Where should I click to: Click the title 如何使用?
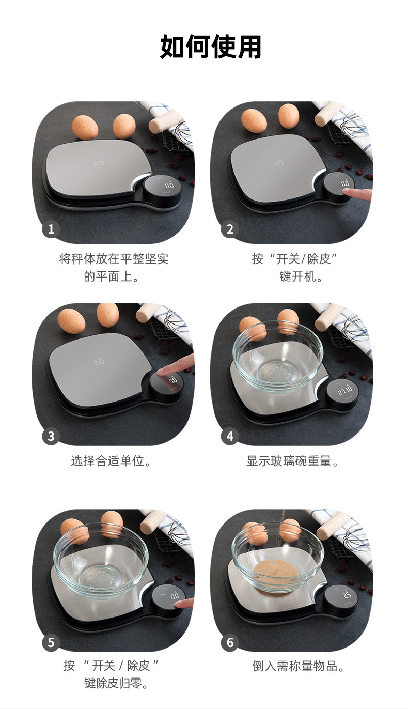[210, 47]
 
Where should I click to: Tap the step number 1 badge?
[51, 228]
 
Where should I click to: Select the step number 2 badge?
[230, 228]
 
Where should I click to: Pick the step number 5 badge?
[51, 642]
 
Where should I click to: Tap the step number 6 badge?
[230, 642]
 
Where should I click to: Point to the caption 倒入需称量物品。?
[298, 666]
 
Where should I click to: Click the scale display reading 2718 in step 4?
[345, 391]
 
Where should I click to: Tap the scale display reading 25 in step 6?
[347, 595]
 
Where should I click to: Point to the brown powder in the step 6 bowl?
[276, 572]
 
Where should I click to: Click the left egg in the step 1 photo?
[85, 127]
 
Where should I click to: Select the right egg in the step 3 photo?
[108, 315]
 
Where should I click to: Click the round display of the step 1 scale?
[162, 188]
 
